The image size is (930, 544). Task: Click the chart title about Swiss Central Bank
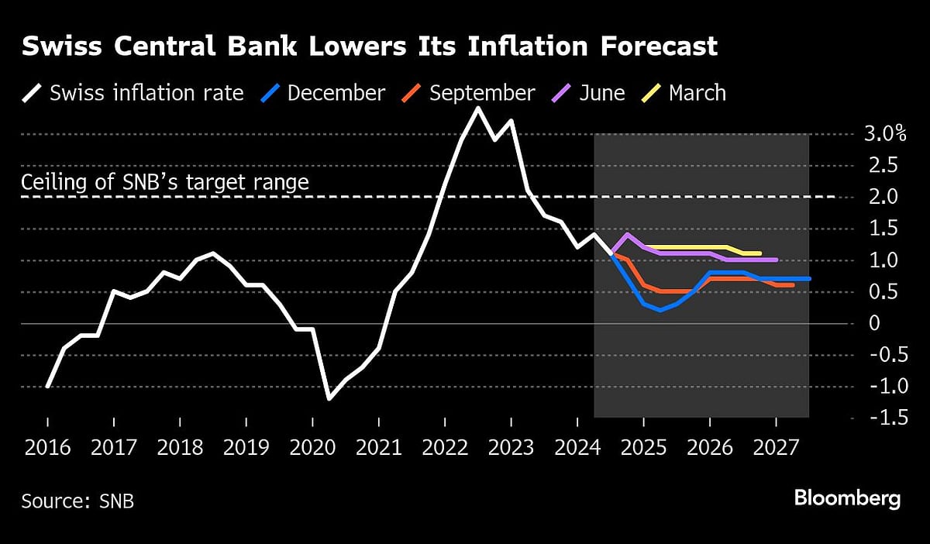click(369, 47)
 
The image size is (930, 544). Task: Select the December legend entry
click(335, 94)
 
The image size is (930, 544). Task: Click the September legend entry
click(481, 94)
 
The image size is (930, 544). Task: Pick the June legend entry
click(601, 94)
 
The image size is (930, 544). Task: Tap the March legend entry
click(697, 94)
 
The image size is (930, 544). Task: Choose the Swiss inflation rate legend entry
click(146, 94)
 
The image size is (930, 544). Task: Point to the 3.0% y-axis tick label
click(884, 134)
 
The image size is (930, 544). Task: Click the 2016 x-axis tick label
click(47, 447)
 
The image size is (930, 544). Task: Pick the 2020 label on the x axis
click(312, 447)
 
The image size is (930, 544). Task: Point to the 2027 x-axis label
click(776, 447)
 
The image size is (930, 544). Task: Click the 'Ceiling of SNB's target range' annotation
click(165, 183)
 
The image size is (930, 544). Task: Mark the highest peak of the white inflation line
click(477, 108)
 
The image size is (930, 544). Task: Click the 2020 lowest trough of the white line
click(329, 398)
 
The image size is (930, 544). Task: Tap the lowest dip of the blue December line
click(660, 310)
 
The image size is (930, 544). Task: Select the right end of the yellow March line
click(759, 253)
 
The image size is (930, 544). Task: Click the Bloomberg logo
click(847, 498)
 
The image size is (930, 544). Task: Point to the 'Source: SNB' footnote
click(77, 501)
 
